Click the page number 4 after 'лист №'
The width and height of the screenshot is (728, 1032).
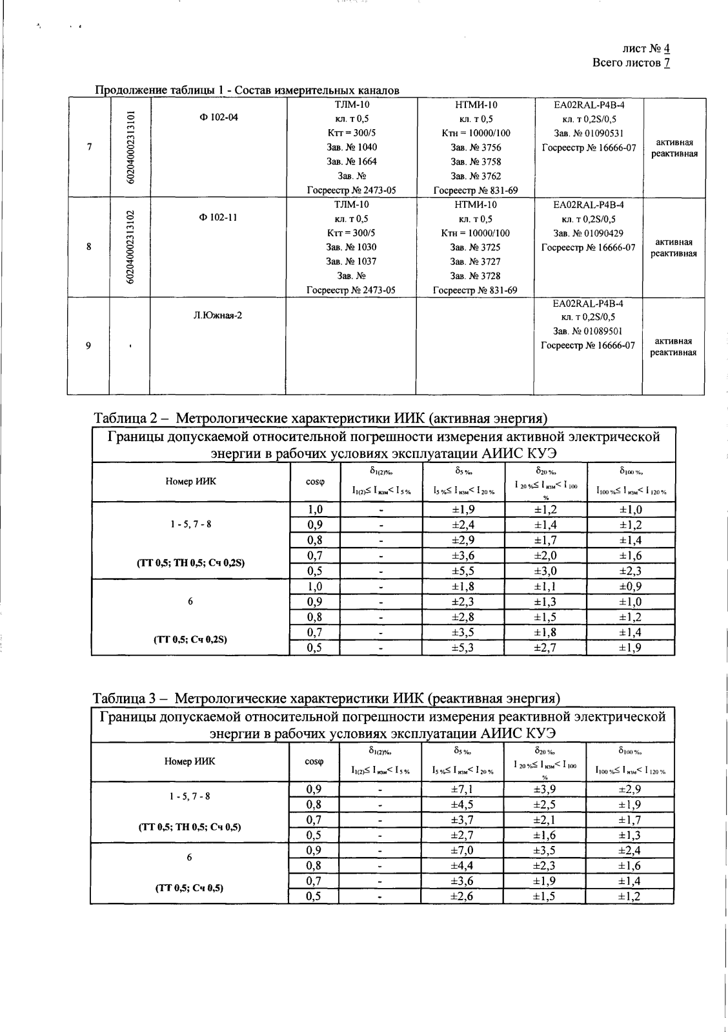point(667,49)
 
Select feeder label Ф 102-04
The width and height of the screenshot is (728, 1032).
point(219,118)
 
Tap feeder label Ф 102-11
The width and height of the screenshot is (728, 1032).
point(219,218)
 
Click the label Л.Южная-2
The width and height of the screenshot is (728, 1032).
point(218,316)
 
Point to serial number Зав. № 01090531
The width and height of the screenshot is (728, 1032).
point(588,133)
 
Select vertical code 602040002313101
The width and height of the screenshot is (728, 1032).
point(130,147)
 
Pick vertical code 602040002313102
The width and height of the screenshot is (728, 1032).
point(130,247)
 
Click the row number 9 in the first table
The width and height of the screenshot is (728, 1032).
point(88,346)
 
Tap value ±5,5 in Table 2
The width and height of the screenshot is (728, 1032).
point(463,571)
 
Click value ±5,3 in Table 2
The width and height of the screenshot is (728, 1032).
point(463,647)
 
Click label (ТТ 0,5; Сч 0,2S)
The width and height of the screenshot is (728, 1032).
point(190,640)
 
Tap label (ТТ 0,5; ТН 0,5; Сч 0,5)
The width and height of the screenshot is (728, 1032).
point(190,827)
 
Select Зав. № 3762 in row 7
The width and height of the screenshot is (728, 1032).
point(475,176)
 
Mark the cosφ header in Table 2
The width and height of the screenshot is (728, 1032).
point(314,481)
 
